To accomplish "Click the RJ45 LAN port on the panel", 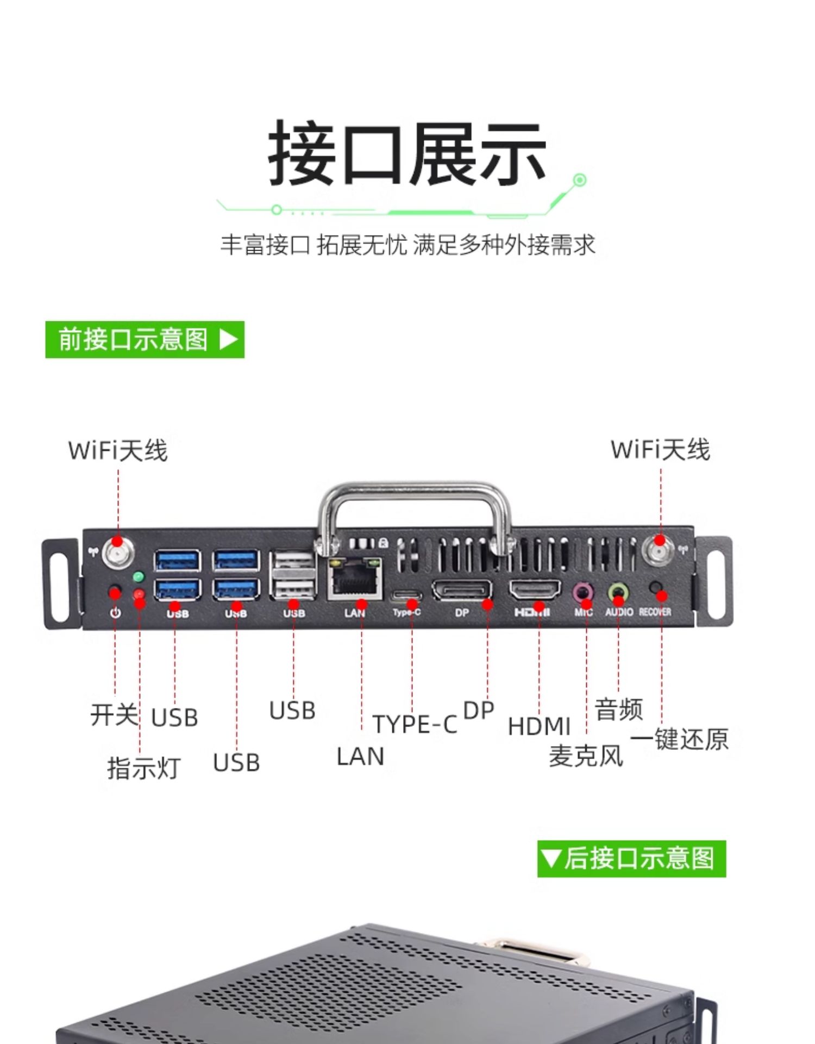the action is [355, 579].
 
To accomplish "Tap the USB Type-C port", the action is [406, 594].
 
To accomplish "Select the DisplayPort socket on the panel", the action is [462, 590].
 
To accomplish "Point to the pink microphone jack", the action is [584, 591].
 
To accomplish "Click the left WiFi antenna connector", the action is [117, 551].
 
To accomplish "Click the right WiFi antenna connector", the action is [659, 550].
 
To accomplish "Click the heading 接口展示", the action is [407, 153].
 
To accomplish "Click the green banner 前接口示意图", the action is [145, 340].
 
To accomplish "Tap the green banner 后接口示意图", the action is [631, 859].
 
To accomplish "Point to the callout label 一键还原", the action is [679, 739].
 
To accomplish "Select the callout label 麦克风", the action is [586, 756].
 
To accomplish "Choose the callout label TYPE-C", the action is [415, 724].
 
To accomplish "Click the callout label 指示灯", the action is [143, 768].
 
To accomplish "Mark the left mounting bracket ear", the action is [61, 583].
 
